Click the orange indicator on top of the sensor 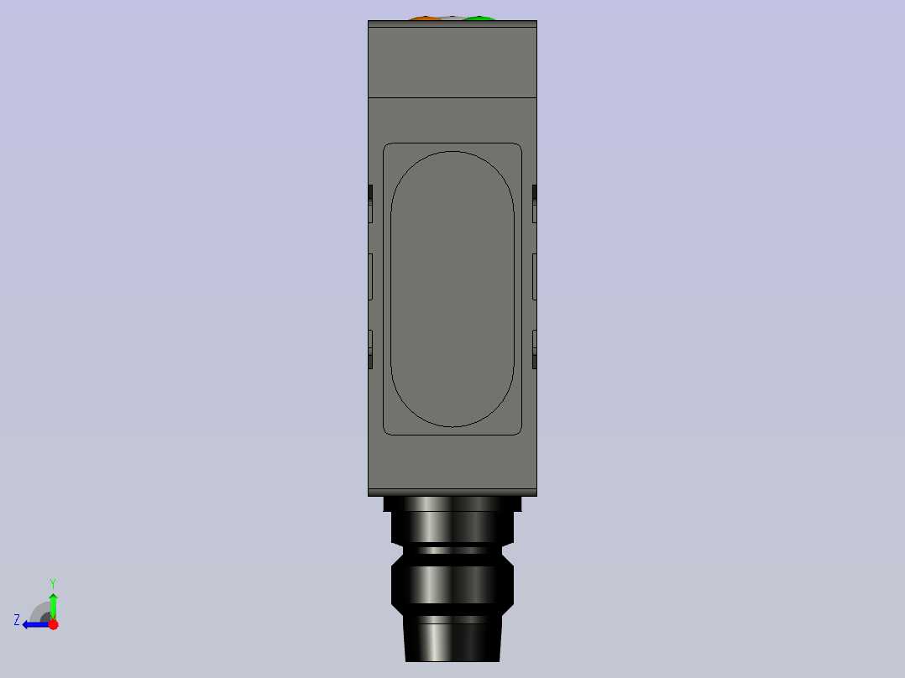pyautogui.click(x=424, y=18)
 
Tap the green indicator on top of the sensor pyautogui.click(x=479, y=18)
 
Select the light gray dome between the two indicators pyautogui.click(x=452, y=18)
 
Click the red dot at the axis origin pyautogui.click(x=53, y=624)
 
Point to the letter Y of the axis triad pyautogui.click(x=53, y=582)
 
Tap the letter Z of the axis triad pyautogui.click(x=17, y=620)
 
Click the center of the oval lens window pyautogui.click(x=452, y=289)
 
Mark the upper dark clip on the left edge pyautogui.click(x=370, y=194)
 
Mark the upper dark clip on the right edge pyautogui.click(x=535, y=194)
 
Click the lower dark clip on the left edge pyautogui.click(x=370, y=360)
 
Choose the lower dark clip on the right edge pyautogui.click(x=535, y=360)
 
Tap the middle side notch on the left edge pyautogui.click(x=370, y=276)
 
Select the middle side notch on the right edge pyautogui.click(x=535, y=276)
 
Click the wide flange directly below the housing pyautogui.click(x=452, y=504)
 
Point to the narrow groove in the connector pyautogui.click(x=452, y=551)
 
